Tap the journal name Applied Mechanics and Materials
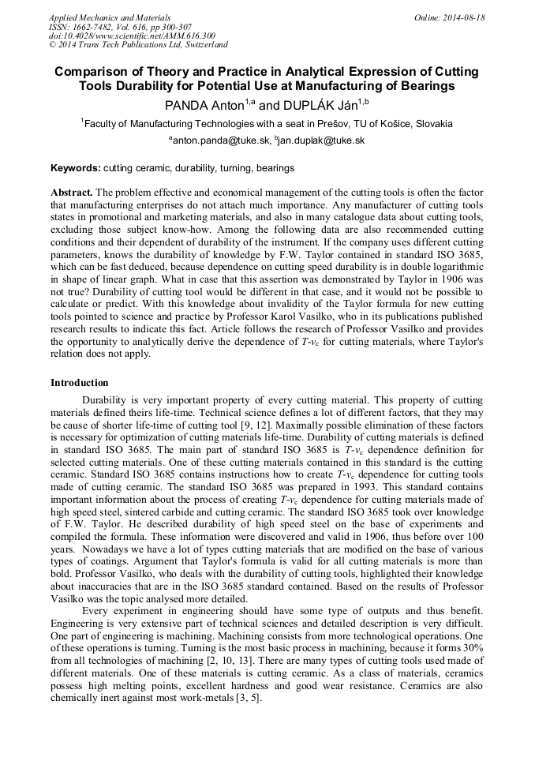(110, 17)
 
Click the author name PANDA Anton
(204, 105)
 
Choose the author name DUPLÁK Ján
(320, 105)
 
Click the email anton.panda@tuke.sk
(220, 141)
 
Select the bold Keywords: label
(75, 168)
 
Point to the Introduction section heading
(80, 382)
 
